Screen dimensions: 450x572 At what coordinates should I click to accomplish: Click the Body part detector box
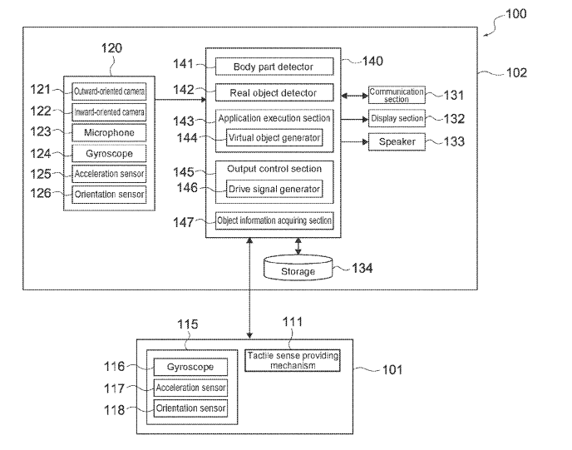click(x=274, y=66)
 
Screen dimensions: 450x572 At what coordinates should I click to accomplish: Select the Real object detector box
click(x=274, y=92)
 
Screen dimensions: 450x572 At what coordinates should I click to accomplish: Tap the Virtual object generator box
click(x=274, y=138)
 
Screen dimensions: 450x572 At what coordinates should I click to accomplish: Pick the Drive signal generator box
click(x=274, y=190)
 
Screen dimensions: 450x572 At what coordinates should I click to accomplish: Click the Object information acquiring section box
click(x=274, y=220)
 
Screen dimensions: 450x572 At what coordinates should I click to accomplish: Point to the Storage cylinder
click(x=298, y=270)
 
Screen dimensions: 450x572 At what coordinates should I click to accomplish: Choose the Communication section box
click(x=397, y=95)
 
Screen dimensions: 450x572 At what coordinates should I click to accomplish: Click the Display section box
click(x=397, y=119)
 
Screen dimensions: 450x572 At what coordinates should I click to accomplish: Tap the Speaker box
click(x=397, y=142)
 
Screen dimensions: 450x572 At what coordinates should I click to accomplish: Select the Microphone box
click(x=109, y=133)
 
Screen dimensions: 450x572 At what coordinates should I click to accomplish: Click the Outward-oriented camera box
click(x=109, y=90)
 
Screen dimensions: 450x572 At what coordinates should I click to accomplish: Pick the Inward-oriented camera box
click(x=109, y=111)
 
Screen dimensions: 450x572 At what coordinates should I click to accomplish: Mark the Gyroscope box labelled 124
click(x=109, y=154)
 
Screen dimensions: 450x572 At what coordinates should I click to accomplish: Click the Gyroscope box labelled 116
click(x=190, y=367)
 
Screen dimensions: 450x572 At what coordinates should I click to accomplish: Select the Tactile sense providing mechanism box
click(x=293, y=360)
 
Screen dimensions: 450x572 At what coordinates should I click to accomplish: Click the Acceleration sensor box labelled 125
click(x=109, y=175)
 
